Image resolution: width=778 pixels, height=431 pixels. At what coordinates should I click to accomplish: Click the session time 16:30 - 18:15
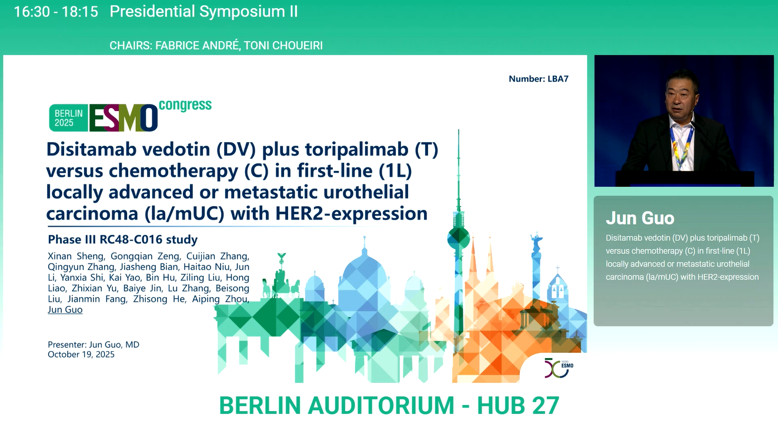(56, 12)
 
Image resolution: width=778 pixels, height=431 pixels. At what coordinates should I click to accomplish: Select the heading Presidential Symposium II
(203, 12)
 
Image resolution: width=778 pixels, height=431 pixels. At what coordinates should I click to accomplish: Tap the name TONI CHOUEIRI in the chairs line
(283, 45)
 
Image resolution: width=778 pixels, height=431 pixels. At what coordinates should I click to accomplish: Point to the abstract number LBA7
(558, 79)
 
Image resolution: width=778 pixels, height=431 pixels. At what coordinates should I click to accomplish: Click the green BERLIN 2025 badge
(68, 118)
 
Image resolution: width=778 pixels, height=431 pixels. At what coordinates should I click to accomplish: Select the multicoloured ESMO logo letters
(123, 118)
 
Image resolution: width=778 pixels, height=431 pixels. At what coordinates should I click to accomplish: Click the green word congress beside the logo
(185, 105)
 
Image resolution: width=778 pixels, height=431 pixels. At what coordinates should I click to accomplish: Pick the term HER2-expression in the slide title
(352, 213)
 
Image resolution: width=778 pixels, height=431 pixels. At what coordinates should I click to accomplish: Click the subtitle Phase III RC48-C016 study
(122, 239)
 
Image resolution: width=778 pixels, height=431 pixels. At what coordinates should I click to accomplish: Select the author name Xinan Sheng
(76, 256)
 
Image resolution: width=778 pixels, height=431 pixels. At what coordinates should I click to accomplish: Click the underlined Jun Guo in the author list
(65, 309)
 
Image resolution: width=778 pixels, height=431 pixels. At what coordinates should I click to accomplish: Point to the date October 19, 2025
(81, 354)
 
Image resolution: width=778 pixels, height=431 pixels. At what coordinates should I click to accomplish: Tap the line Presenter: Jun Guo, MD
(94, 345)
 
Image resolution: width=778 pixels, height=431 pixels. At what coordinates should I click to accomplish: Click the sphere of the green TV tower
(459, 238)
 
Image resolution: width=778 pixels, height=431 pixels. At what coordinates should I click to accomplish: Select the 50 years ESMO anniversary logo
(559, 368)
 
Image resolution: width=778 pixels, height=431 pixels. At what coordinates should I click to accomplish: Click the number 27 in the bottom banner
(545, 405)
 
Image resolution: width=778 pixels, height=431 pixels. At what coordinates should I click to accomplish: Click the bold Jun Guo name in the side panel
(640, 218)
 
